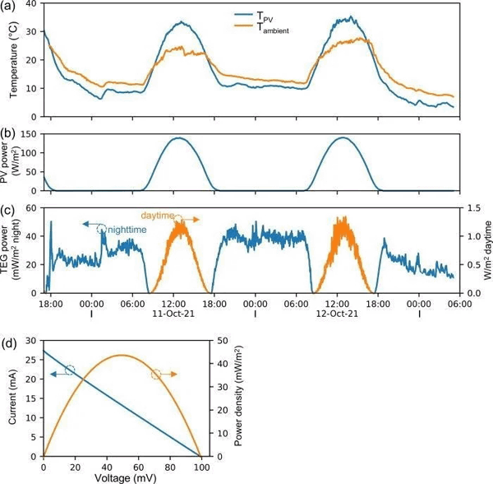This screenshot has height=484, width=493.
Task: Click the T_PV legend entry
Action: tap(265, 15)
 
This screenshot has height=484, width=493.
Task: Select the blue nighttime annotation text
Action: tap(125, 230)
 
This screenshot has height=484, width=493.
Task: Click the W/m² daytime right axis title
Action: tap(486, 251)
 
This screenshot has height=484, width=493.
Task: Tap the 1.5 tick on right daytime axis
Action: tap(472, 209)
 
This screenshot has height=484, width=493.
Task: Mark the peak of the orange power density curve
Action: tap(122, 356)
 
